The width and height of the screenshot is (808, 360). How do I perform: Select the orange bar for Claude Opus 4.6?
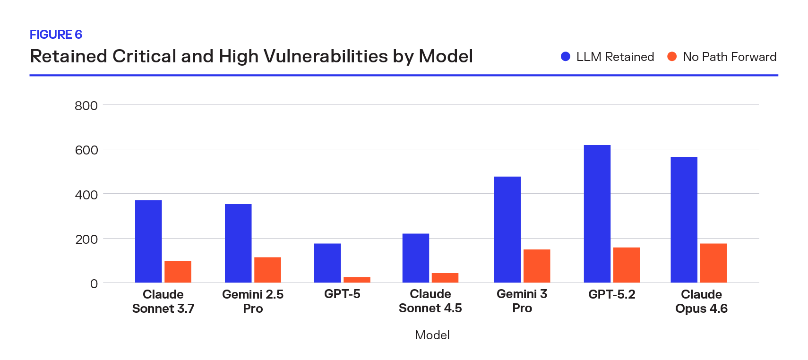click(x=713, y=263)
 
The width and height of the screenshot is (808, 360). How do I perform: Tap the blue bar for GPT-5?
click(x=327, y=263)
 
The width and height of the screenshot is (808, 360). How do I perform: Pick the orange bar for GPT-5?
click(x=357, y=280)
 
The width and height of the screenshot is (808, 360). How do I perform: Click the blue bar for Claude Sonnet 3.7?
click(x=148, y=241)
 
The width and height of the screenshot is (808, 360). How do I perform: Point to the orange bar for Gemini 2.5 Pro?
click(x=267, y=270)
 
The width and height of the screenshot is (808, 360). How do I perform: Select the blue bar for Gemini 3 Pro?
click(x=507, y=230)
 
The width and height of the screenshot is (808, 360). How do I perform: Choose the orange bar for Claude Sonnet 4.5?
click(x=445, y=278)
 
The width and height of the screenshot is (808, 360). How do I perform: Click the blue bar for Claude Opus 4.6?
click(x=684, y=220)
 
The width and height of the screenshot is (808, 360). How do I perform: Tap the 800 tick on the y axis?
click(x=86, y=105)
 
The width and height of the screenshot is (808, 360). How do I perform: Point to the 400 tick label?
click(x=86, y=195)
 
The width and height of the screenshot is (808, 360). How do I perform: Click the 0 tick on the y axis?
click(x=94, y=283)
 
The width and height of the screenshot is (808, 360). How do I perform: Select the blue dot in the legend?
click(x=565, y=57)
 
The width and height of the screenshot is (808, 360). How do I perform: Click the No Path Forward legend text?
click(x=729, y=57)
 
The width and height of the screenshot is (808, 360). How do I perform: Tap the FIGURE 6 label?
click(x=56, y=34)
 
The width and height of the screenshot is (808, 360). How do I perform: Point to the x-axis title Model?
click(x=432, y=335)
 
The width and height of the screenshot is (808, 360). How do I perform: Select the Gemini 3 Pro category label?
click(x=522, y=301)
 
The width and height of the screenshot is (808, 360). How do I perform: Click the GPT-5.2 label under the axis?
click(x=611, y=294)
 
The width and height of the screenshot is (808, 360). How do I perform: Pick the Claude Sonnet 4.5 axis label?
click(x=430, y=301)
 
